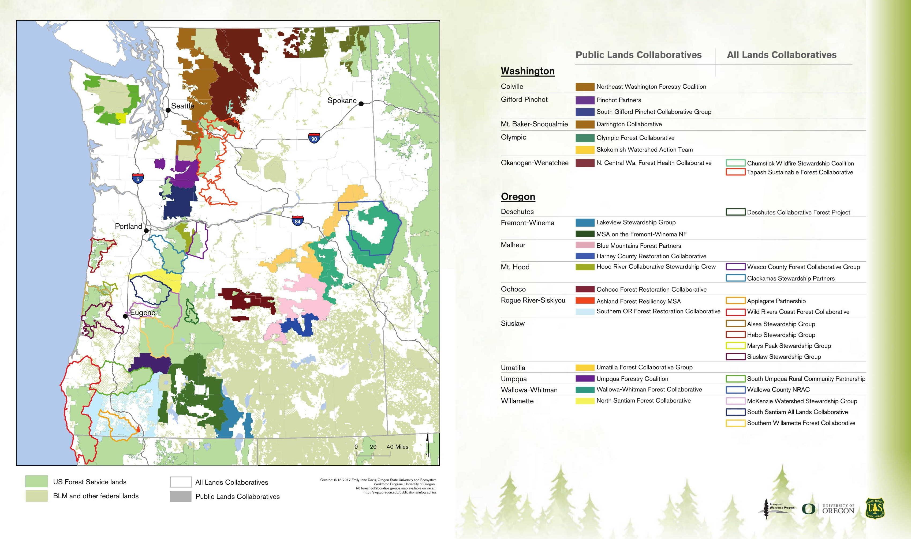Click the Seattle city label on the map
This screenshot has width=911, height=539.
pos(182,106)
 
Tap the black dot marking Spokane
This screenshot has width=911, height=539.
pos(361,104)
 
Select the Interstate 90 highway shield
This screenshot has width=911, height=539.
pos(314,138)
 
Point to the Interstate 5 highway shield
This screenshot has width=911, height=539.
pos(138,179)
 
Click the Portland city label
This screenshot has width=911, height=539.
pos(128,226)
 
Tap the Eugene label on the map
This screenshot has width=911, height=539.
pos(143,312)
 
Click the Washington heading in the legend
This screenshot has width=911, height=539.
pos(527,71)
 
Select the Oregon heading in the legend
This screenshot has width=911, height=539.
pos(518,197)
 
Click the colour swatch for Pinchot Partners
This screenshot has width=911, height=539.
pos(585,100)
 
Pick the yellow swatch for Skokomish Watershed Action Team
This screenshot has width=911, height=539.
pos(585,150)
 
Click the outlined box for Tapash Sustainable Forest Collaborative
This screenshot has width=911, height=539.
pos(735,172)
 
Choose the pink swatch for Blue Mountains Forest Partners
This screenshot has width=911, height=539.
pos(585,246)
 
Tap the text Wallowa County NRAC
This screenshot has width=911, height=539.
pos(778,390)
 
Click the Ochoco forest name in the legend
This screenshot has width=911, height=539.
pos(513,289)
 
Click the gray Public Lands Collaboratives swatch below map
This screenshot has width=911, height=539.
pos(181,496)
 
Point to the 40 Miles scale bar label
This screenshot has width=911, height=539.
pos(397,447)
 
